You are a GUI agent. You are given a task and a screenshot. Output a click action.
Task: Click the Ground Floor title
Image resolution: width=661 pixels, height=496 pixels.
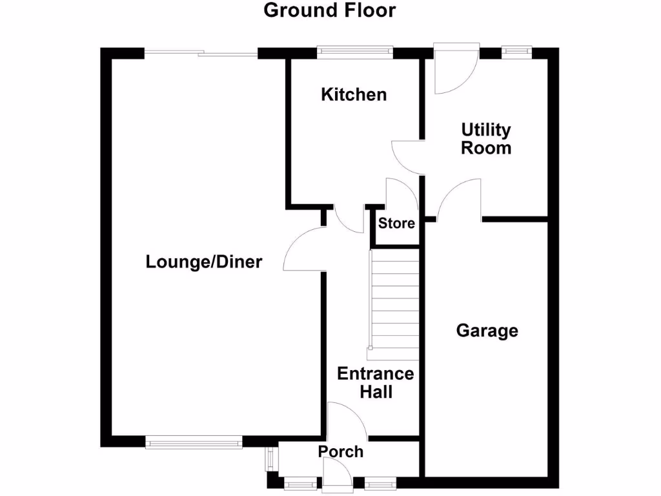[329, 11]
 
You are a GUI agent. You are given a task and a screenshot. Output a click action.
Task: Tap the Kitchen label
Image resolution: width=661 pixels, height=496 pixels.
[354, 95]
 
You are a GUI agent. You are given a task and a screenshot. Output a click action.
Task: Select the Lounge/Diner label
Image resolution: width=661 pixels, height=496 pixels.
[204, 262]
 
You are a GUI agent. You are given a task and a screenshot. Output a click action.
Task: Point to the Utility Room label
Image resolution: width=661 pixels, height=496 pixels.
[485, 139]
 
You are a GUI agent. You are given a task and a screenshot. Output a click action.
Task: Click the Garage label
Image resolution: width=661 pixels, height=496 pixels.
[487, 331]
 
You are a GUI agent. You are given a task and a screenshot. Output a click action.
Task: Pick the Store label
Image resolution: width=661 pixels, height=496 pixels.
[396, 224]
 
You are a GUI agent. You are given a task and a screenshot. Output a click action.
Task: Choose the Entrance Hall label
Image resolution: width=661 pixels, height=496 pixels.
[375, 382]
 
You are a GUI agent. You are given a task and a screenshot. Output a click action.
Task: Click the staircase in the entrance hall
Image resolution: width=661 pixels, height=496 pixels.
[394, 304]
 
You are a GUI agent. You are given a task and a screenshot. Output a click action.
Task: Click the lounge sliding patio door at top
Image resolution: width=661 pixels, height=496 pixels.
[201, 53]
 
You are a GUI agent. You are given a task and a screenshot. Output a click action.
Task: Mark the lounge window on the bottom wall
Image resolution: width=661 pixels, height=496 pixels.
[194, 442]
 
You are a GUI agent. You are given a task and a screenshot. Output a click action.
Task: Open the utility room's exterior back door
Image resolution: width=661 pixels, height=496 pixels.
[455, 68]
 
